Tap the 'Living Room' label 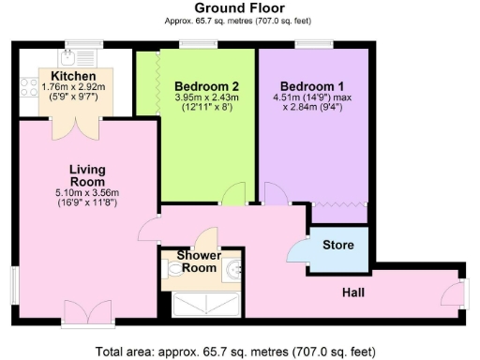tap(88, 176)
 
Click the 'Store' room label tap(337, 246)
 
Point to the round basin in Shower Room tap(232, 271)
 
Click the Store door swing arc tap(301, 247)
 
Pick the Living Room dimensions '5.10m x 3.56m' tap(88, 194)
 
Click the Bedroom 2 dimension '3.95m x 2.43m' tap(206, 97)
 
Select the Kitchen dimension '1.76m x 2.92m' tap(75, 87)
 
